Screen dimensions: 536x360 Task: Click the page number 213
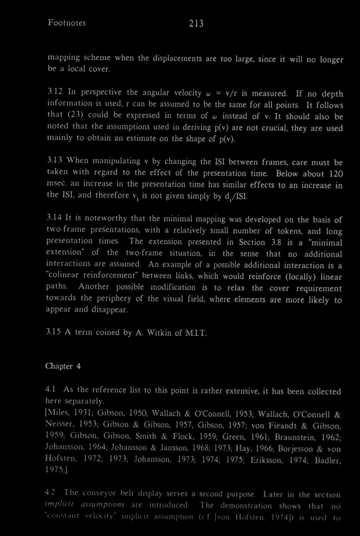(196, 23)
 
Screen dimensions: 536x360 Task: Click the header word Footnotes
(67, 23)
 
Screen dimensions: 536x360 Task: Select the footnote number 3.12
(54, 92)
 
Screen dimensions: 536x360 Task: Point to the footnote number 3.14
(53, 218)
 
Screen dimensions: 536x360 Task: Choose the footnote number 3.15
(53, 332)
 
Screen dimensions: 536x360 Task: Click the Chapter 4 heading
(63, 366)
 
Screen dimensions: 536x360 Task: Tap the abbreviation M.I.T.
(197, 333)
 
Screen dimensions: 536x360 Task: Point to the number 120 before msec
(336, 174)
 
